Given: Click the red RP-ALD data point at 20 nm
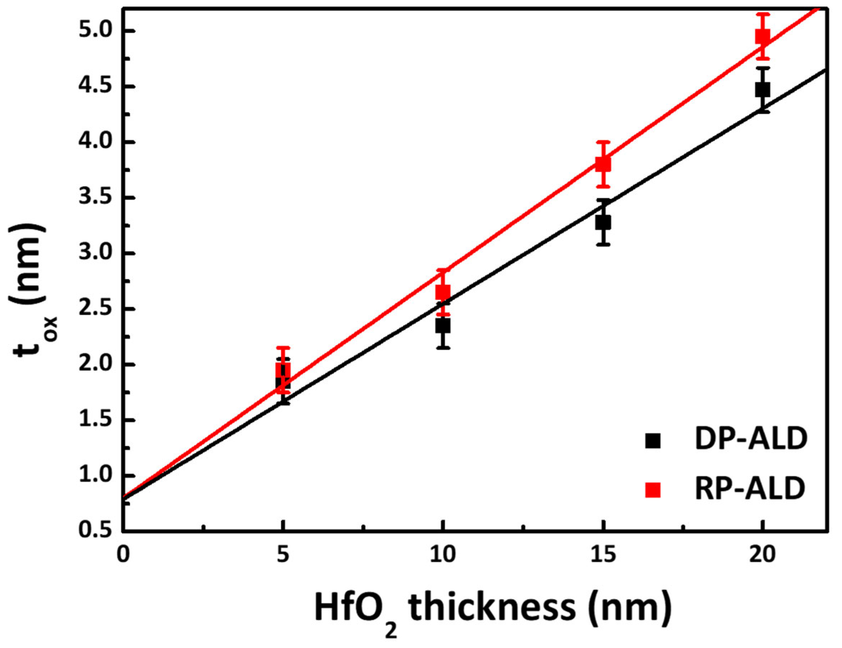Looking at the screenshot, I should tap(763, 37).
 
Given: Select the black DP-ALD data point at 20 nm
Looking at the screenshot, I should tap(763, 90).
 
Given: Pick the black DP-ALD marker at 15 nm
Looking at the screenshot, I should tap(603, 223).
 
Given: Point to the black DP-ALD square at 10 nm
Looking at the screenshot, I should tap(443, 326).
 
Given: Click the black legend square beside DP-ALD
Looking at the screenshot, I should tap(653, 441).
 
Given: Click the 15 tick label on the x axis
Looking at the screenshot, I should tap(603, 556).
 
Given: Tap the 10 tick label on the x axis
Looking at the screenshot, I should tap(443, 556).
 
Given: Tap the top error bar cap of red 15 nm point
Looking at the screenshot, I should tap(603, 142).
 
